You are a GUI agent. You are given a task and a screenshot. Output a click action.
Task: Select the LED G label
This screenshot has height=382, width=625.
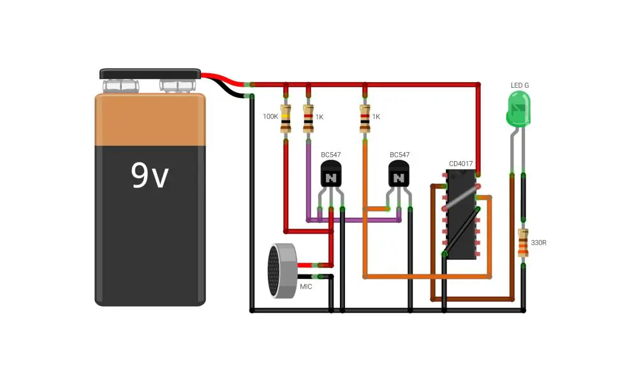520,85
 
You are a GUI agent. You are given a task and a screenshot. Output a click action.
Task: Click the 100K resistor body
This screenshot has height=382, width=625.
286,118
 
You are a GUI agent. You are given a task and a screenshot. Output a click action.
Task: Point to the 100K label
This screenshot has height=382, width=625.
270,117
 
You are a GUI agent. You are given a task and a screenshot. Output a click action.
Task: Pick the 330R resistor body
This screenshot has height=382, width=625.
523,243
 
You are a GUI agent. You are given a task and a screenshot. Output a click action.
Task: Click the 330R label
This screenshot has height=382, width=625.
538,243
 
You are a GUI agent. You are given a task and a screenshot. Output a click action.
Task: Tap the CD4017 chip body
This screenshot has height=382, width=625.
461,215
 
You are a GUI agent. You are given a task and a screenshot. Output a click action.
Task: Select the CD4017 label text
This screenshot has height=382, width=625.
460,164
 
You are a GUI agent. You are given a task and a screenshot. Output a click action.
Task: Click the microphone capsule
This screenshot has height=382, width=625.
283,271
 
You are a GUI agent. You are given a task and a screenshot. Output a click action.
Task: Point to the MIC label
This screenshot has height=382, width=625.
305,286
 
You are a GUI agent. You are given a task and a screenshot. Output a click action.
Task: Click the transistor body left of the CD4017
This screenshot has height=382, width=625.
399,174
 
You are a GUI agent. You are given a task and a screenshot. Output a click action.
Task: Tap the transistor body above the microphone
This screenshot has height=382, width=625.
331,174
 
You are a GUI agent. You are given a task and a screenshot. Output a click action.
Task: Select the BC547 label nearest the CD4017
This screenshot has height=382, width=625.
399,155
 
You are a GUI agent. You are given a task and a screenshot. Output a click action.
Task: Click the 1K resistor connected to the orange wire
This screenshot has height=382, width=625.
365,118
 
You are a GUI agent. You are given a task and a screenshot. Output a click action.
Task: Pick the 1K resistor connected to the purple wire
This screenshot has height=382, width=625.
308,118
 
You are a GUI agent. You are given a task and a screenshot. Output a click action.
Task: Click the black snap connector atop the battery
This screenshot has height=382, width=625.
150,74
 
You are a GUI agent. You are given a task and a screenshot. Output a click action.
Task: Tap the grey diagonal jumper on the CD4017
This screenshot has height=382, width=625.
461,197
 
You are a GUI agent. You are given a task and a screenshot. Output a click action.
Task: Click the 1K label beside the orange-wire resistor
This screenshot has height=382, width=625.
376,117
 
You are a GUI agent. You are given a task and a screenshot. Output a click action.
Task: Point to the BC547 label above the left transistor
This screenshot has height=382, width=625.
331,155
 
